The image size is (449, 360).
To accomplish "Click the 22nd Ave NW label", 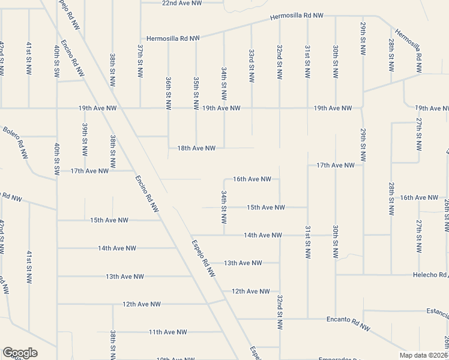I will [x=182, y=3].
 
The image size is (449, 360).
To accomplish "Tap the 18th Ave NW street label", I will [x=196, y=148].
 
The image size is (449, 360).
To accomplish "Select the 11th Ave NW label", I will [x=168, y=332].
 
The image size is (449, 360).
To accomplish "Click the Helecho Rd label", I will [x=427, y=275].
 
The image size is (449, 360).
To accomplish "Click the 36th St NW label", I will [x=169, y=93].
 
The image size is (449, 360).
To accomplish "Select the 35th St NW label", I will [x=196, y=93].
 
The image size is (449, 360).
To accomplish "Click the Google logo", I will [x=20, y=353].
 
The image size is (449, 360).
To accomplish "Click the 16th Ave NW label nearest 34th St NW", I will [x=252, y=179].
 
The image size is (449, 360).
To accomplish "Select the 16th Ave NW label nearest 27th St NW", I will [x=419, y=197].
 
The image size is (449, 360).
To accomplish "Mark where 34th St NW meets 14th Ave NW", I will [x=224, y=235].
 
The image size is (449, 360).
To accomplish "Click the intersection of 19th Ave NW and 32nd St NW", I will [x=280, y=109].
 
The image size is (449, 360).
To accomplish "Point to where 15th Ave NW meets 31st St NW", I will [x=307, y=208].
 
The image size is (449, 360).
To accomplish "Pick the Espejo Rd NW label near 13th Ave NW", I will [x=203, y=258].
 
